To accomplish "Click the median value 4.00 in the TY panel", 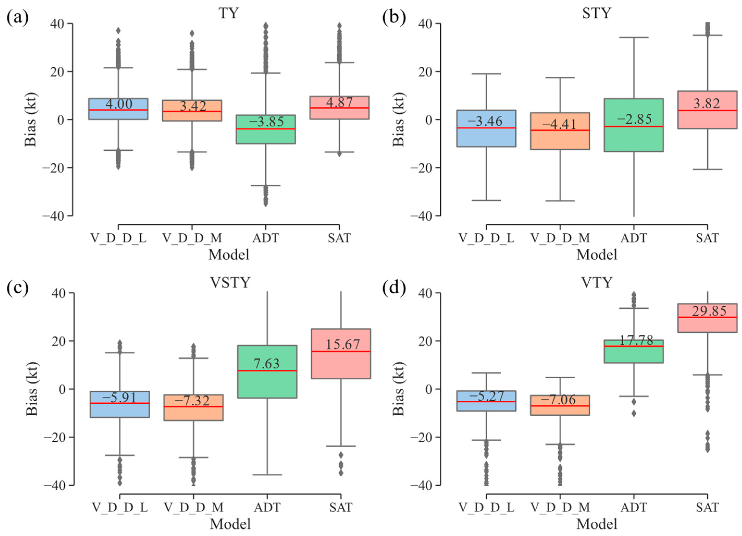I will (x=119, y=104).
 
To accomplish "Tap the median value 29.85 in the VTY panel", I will (x=709, y=311).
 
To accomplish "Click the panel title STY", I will (x=596, y=13).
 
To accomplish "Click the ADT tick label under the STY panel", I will (x=634, y=238).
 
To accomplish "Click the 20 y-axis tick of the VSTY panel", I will (x=59, y=341).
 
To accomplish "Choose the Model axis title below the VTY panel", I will (x=596, y=524).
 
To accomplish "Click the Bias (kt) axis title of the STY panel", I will (x=399, y=119).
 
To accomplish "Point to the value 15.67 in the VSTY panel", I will (x=342, y=344).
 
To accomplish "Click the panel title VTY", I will (x=596, y=282).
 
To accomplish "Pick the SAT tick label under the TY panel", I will (x=339, y=238).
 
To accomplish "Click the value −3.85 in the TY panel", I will (x=266, y=122).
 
